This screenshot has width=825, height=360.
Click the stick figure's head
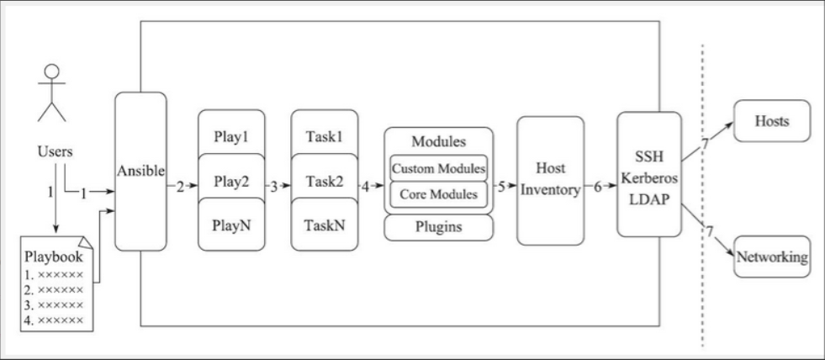[x=52, y=71]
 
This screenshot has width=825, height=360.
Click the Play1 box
[x=231, y=133]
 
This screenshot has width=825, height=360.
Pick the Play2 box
[x=231, y=179]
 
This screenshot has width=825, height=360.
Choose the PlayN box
[x=231, y=225]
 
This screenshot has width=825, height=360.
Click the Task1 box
[x=324, y=133]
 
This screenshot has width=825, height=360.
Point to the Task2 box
[x=324, y=179]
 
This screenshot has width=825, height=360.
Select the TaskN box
[x=324, y=225]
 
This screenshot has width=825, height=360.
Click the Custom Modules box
[x=438, y=167]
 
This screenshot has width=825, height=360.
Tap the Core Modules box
[x=438, y=195]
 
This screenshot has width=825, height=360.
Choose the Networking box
[x=771, y=256]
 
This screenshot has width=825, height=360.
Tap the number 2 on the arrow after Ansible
[x=179, y=187]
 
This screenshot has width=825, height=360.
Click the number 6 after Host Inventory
[x=598, y=187]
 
